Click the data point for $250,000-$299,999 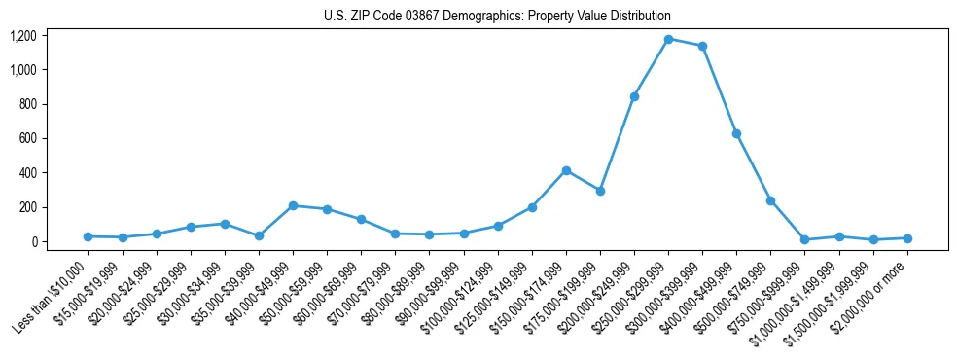(668, 39)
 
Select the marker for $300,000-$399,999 (702, 46)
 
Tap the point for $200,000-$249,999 (634, 96)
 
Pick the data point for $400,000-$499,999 (736, 133)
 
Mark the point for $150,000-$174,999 (566, 170)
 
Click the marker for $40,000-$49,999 (293, 205)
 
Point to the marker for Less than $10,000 (89, 236)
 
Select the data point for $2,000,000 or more (907, 238)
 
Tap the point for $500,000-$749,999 (770, 200)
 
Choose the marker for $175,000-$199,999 (600, 191)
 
